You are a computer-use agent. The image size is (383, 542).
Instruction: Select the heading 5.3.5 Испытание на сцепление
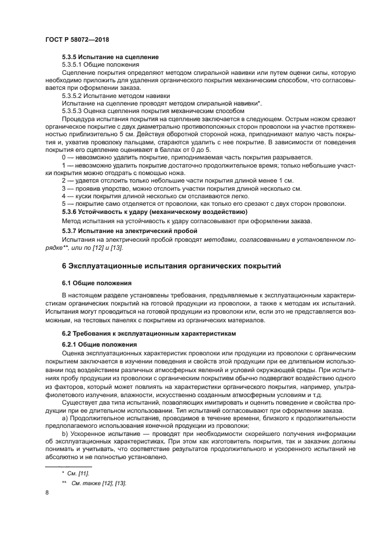110,57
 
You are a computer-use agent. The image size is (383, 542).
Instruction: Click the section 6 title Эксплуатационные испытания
171,266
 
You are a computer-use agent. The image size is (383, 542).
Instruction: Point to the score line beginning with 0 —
187,158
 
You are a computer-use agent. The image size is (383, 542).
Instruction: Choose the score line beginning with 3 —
181,188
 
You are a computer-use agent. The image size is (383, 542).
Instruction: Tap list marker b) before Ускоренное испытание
65,434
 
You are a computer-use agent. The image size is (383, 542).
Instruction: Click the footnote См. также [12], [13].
99,483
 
